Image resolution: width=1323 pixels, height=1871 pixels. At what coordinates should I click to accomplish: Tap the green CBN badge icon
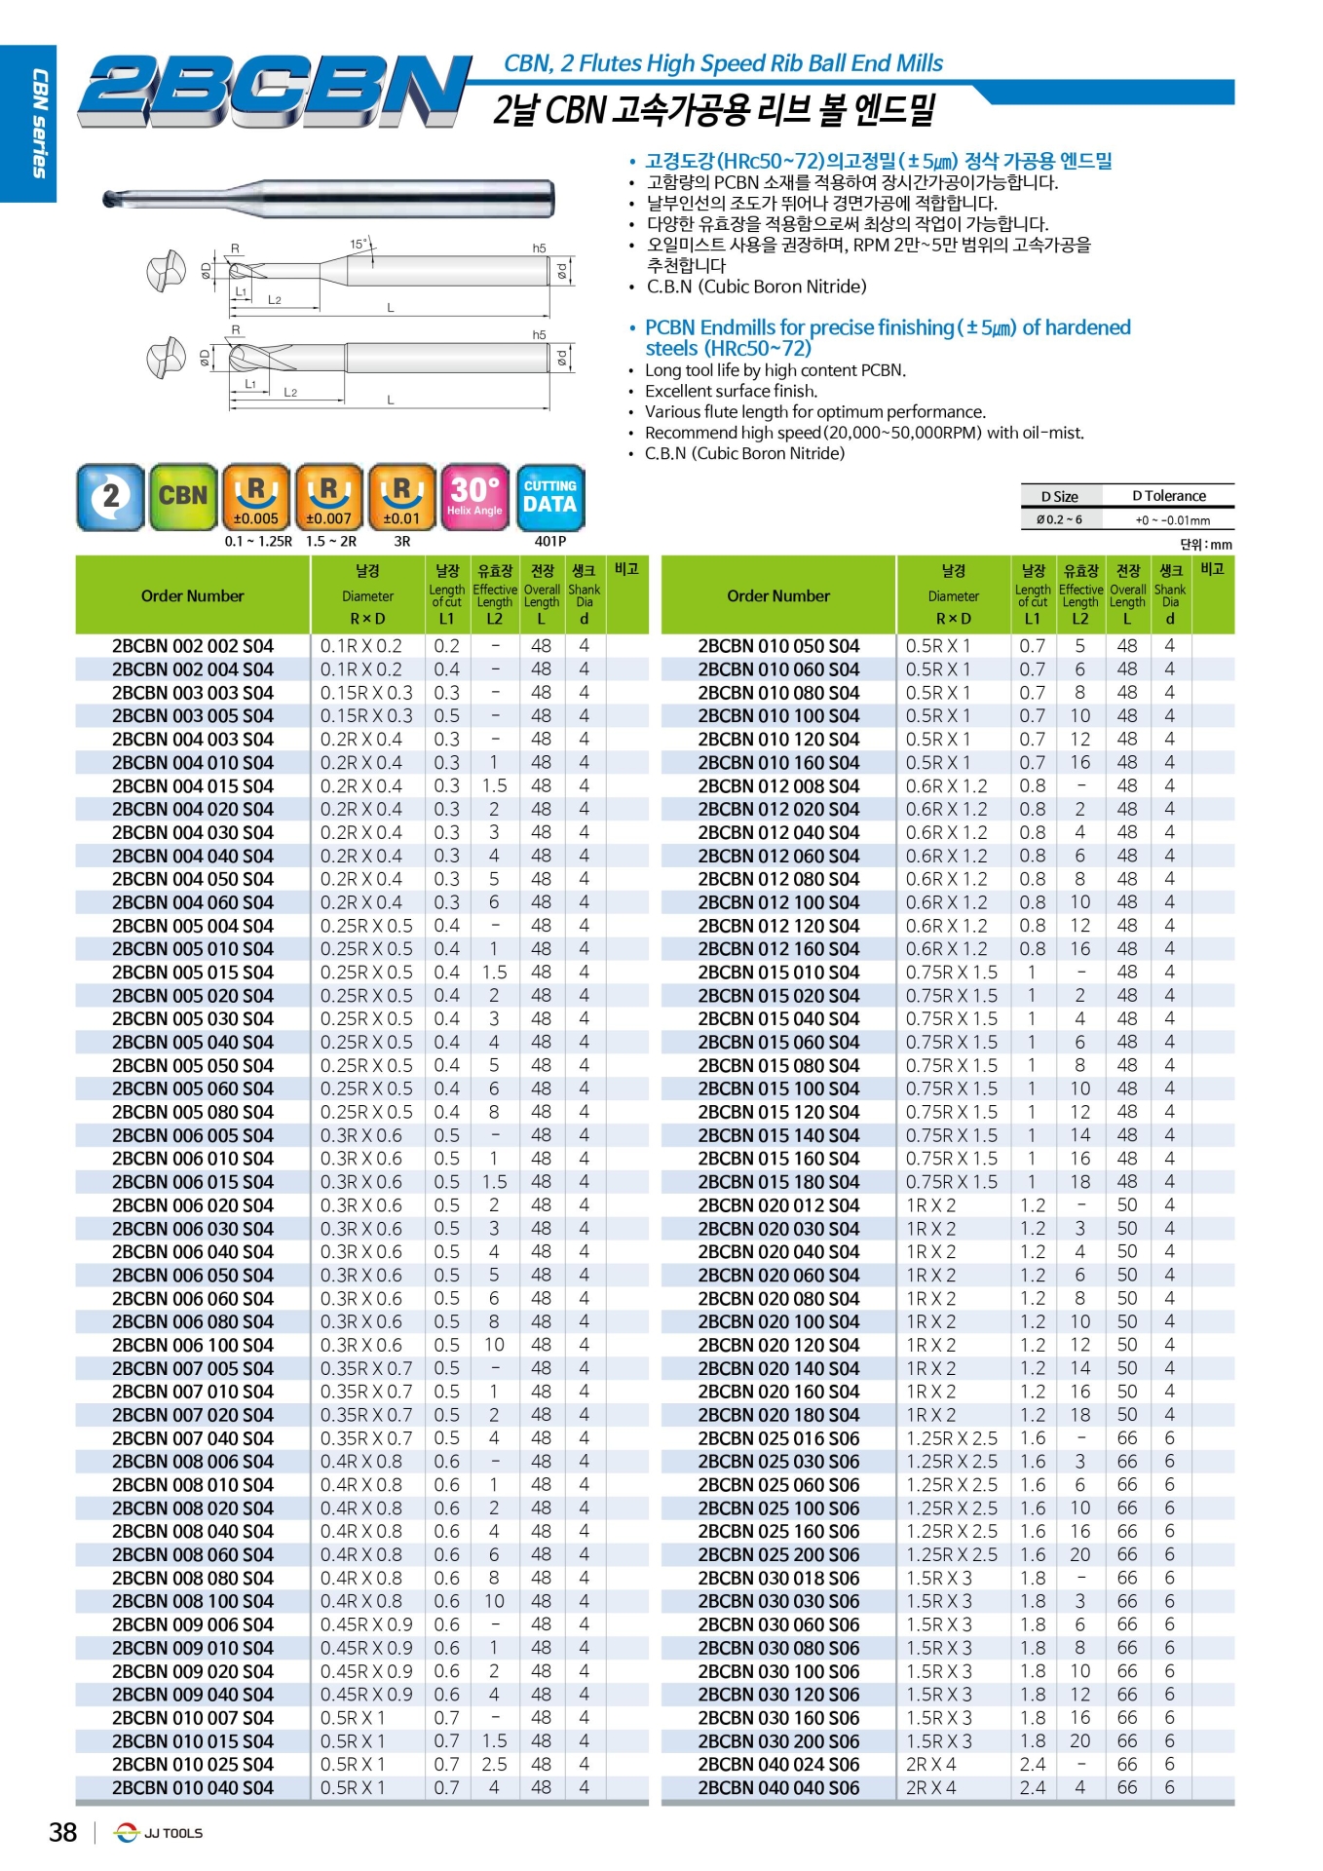click(x=183, y=496)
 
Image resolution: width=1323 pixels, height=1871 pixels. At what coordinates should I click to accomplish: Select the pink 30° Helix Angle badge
click(x=474, y=496)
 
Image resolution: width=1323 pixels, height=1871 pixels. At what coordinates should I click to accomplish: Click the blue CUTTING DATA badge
click(x=549, y=496)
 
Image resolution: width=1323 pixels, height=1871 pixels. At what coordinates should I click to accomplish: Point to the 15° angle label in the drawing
click(x=359, y=244)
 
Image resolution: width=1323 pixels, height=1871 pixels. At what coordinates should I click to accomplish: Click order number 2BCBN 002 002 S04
click(x=193, y=646)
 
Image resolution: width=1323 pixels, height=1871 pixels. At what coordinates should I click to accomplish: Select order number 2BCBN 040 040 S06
click(x=778, y=1788)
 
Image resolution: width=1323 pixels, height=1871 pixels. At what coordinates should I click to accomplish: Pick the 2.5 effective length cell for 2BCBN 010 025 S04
click(x=494, y=1765)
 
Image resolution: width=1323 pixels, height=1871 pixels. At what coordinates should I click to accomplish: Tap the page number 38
click(x=63, y=1833)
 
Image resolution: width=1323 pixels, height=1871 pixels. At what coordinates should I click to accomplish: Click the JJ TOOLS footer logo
click(x=159, y=1833)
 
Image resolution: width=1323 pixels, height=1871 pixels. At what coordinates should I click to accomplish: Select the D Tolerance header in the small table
click(x=1168, y=496)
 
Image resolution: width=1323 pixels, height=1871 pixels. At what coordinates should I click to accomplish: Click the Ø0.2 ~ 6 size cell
click(x=1058, y=519)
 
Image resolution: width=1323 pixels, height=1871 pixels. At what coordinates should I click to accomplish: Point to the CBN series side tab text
click(x=40, y=123)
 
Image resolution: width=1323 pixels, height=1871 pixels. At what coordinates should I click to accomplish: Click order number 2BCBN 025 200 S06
click(x=778, y=1555)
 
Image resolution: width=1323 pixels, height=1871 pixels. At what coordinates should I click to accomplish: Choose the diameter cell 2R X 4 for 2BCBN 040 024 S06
click(x=930, y=1765)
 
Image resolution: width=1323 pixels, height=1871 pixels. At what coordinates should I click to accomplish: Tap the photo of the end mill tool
click(x=328, y=198)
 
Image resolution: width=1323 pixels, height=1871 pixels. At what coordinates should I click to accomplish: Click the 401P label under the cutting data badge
click(x=549, y=541)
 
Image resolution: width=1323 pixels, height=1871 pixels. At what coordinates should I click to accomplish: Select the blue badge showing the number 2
click(x=110, y=496)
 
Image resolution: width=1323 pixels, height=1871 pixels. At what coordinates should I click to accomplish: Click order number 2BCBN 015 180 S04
click(x=778, y=1182)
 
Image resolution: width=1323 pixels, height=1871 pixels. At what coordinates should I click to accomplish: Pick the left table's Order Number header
click(x=193, y=595)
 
